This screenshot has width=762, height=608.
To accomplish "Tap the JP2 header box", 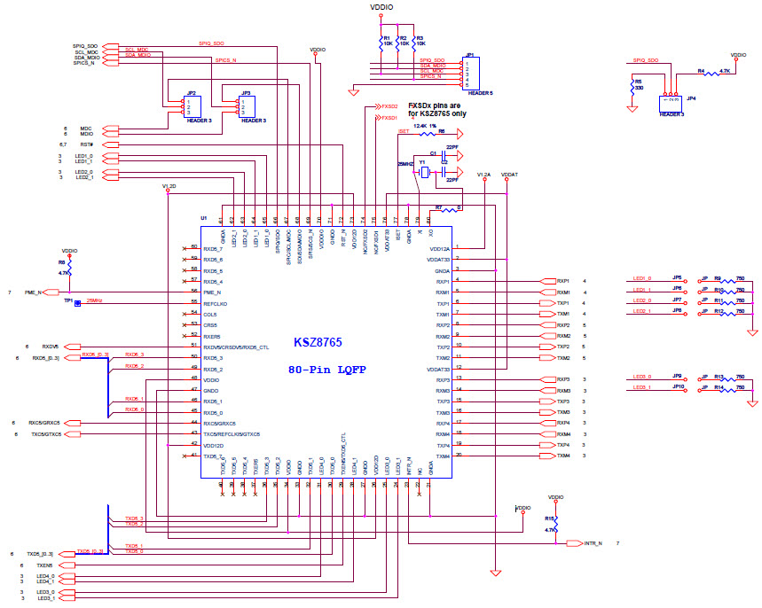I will [x=191, y=106].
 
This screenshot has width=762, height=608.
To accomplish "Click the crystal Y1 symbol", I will [x=424, y=173].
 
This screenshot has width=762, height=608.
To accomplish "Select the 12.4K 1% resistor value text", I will [x=426, y=127].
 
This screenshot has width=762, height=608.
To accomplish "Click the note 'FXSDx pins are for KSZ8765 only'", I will [x=436, y=109].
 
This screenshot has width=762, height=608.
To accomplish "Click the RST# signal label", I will [x=87, y=144].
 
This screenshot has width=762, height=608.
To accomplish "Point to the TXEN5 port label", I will [x=44, y=565].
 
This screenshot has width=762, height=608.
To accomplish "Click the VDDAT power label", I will [x=509, y=175].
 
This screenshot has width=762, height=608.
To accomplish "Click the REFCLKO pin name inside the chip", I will [x=216, y=303].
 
